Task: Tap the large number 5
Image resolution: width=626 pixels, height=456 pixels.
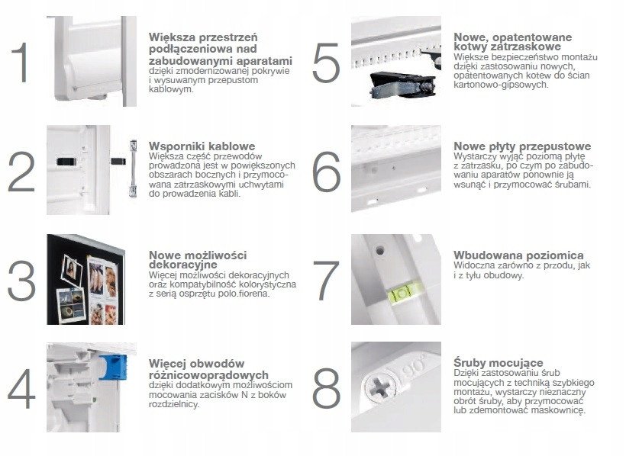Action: (326, 63)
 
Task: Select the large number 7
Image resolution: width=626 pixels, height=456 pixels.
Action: (326, 281)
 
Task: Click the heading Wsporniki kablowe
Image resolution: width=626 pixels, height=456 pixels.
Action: (202, 146)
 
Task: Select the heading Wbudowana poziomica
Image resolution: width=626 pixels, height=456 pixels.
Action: (518, 255)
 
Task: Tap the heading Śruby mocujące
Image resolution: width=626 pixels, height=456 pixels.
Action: (499, 363)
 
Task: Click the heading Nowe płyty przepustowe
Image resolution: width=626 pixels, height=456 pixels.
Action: (522, 146)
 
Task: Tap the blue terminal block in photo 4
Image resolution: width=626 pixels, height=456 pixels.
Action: (113, 367)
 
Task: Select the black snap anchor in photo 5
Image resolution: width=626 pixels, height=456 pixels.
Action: (402, 85)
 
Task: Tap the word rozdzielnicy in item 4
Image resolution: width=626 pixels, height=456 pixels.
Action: (173, 404)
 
